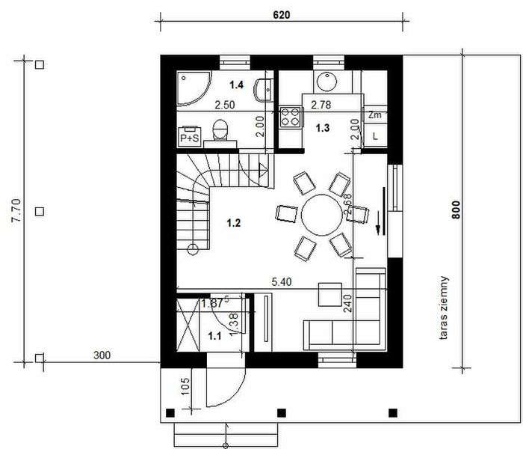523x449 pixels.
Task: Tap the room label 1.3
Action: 322,128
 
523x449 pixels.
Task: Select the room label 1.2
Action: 235,222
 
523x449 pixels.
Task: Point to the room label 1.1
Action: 214,336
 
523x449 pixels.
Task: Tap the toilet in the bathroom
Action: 220,131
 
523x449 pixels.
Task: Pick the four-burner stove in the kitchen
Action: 290,116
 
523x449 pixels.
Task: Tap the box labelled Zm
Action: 375,115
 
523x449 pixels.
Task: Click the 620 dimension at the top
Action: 281,14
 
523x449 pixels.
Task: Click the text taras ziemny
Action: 445,308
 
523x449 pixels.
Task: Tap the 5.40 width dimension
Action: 281,281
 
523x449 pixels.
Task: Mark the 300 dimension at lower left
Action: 102,355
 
